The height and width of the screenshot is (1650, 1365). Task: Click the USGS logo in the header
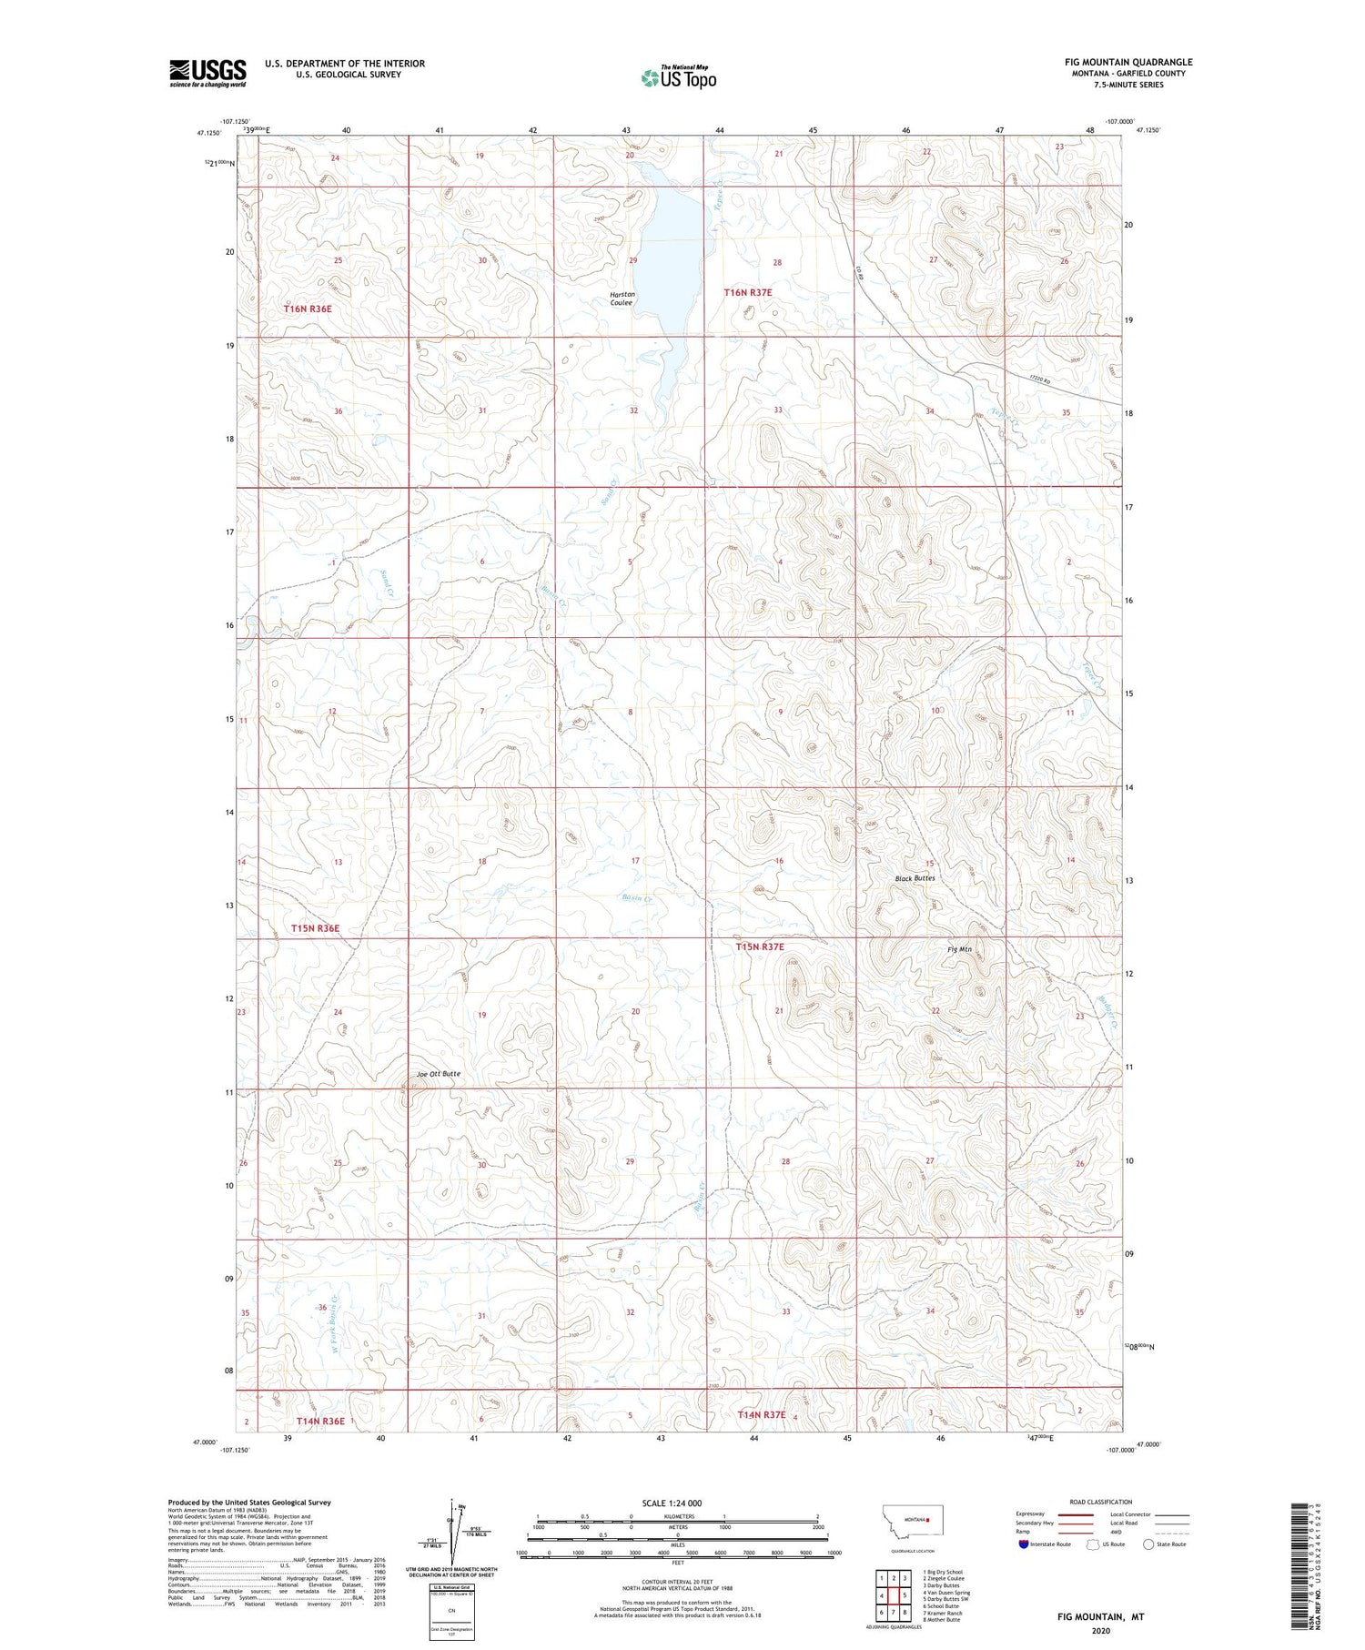(207, 73)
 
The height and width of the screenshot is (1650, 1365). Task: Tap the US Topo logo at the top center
(679, 78)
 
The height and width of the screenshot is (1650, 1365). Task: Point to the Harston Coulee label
(622, 299)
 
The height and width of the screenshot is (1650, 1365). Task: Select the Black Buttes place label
(915, 878)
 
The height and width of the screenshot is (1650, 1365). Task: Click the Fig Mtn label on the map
(959, 949)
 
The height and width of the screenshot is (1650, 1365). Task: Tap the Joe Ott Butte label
(438, 1074)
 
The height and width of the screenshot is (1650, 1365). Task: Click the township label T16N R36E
(311, 309)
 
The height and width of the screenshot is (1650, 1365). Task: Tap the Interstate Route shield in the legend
(1024, 1544)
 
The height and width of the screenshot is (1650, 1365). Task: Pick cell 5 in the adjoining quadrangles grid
(905, 1595)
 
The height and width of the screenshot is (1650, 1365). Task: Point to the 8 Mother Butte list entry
(941, 1619)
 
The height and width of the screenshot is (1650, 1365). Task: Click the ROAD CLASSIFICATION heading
(1101, 1502)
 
